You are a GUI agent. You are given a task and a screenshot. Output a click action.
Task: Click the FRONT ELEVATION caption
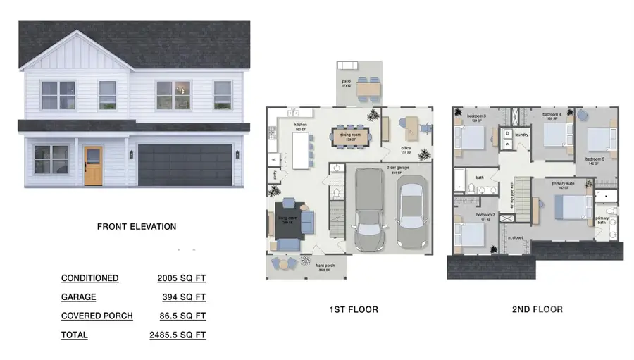point(137,227)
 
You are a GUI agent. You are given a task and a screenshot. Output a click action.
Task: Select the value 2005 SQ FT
point(182,278)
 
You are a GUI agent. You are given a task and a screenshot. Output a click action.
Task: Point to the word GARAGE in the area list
point(78,297)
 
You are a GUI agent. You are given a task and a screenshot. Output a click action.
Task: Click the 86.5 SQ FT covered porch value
point(182,316)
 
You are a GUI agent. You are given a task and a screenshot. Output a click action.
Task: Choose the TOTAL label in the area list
point(75,335)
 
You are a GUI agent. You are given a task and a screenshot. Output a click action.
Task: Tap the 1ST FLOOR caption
point(354,309)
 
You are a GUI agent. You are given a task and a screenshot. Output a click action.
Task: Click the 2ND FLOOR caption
point(537,309)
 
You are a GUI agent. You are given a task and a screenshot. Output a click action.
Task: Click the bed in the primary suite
point(571,207)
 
